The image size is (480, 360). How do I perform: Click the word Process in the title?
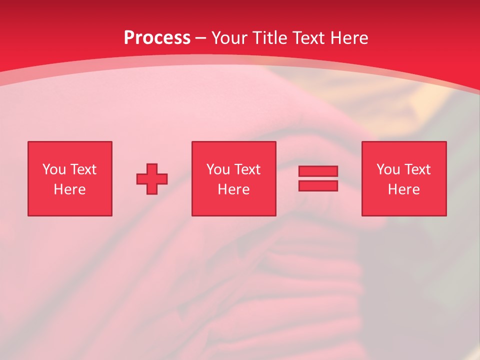[157, 38]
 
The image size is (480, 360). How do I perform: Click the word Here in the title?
[351, 38]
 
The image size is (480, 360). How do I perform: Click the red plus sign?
[152, 179]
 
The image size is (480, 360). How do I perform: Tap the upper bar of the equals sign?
[318, 171]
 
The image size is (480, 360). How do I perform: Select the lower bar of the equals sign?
[318, 185]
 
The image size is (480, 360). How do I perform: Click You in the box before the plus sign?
[54, 169]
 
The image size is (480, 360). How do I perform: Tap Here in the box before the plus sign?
[69, 189]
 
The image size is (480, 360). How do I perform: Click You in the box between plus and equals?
[218, 169]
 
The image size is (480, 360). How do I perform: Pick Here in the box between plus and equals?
[233, 189]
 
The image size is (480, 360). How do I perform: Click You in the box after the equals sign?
[388, 169]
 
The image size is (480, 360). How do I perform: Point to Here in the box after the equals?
[403, 189]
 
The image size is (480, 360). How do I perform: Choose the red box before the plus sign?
[69, 205]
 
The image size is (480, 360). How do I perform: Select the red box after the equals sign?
[403, 205]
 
